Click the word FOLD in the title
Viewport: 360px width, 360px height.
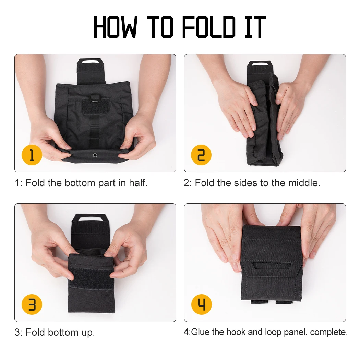coord(209,27)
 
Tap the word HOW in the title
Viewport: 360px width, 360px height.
coord(115,27)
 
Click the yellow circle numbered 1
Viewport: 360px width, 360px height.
coord(32,155)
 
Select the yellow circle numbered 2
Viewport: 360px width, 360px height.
coord(201,155)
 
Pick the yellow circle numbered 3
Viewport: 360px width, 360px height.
coord(32,304)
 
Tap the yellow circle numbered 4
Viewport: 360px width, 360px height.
coord(201,304)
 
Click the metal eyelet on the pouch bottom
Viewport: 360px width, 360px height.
coord(95,155)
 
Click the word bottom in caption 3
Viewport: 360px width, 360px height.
coord(63,333)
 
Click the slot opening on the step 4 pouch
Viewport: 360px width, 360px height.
coord(272,266)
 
